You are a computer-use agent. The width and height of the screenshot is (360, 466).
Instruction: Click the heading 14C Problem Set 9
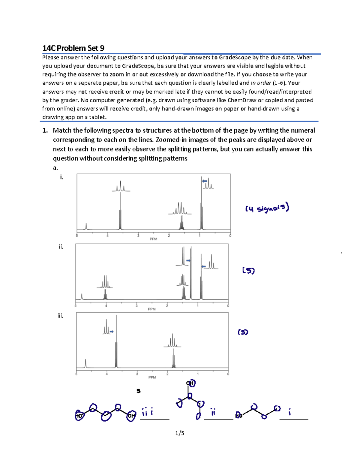click(73, 48)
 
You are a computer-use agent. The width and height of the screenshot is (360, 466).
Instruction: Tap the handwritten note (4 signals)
click(267, 208)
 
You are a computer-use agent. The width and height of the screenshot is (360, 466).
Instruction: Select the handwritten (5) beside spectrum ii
click(248, 271)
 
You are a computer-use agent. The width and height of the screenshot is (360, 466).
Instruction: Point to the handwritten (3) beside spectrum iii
click(243, 332)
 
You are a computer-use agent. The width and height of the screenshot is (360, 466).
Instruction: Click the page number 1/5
click(180, 433)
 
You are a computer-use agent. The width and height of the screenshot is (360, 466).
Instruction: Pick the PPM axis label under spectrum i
click(153, 239)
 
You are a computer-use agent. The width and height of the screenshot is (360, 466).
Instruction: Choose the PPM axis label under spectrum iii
click(152, 377)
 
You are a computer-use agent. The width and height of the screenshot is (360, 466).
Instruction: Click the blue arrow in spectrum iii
click(112, 332)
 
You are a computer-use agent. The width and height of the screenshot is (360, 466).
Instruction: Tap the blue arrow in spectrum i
click(205, 181)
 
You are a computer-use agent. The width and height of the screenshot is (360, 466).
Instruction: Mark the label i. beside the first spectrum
click(61, 177)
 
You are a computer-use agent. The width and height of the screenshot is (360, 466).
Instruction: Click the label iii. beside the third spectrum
click(60, 316)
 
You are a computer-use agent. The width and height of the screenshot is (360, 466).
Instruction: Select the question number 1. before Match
click(45, 131)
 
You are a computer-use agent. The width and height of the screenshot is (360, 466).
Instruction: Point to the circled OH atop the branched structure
click(191, 383)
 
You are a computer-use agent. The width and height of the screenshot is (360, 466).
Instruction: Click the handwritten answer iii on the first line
click(147, 412)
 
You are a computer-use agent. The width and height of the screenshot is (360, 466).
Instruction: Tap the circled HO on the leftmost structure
click(79, 416)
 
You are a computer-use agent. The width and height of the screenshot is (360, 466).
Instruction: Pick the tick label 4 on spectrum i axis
click(107, 236)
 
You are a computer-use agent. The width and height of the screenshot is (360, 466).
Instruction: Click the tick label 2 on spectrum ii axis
click(167, 306)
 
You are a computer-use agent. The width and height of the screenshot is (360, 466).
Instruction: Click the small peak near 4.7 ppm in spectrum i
click(86, 226)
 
